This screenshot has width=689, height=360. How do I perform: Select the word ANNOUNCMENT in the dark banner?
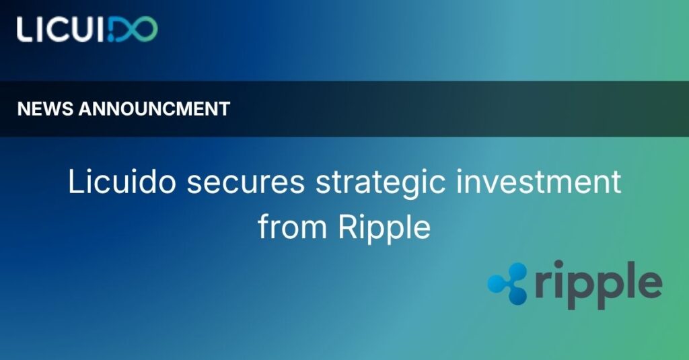tap(154, 109)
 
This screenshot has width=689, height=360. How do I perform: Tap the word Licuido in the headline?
tap(122, 181)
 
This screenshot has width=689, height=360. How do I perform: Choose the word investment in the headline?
tap(539, 181)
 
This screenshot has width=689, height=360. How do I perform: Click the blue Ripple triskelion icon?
tap(507, 283)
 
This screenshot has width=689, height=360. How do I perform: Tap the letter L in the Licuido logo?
tap(25, 30)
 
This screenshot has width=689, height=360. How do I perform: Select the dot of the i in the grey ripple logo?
tap(558, 265)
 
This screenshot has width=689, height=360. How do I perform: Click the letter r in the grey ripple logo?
tap(543, 286)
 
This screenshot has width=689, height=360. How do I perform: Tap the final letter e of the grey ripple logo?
tap(650, 286)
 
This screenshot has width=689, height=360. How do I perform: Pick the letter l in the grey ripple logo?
tap(629, 280)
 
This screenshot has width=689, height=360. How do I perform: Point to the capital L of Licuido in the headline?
tap(75, 182)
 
